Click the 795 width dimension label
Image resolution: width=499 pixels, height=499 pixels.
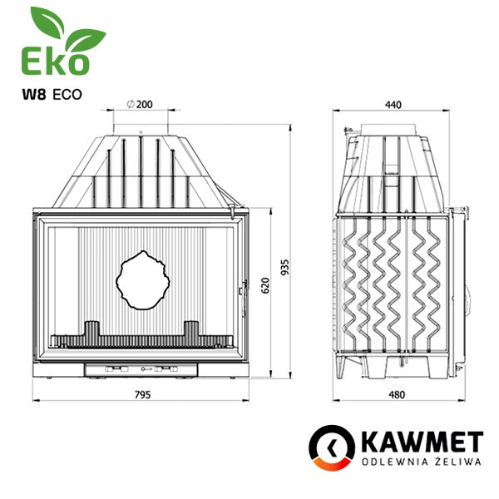point(142,394)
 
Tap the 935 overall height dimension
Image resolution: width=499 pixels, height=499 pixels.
point(285,267)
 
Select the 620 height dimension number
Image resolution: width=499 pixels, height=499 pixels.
point(265,285)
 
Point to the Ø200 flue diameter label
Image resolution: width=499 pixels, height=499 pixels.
point(140,104)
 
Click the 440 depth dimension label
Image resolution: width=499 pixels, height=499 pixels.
point(393,105)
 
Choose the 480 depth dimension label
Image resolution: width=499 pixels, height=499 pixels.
point(397,394)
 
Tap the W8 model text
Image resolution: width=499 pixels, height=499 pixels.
point(34,95)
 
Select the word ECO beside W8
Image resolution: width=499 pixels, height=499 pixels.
point(67,95)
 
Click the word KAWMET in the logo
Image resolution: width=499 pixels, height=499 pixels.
point(422,442)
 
